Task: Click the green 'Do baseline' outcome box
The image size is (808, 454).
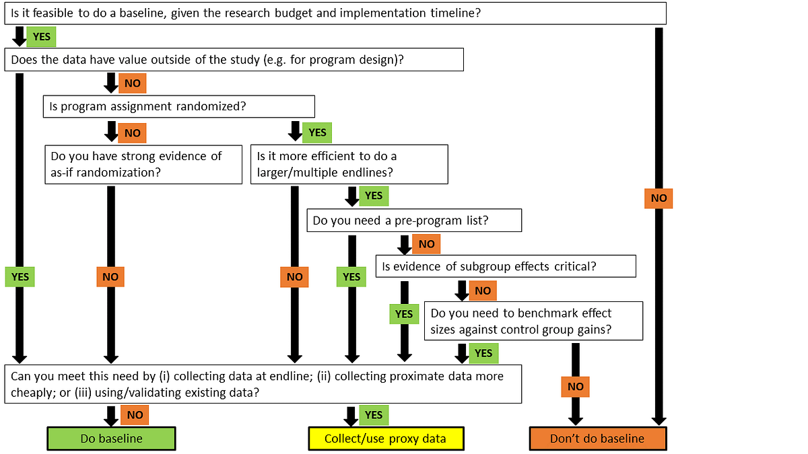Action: click(111, 439)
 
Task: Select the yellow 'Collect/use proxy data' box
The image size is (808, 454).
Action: click(385, 439)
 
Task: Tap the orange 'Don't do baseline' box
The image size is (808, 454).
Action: click(597, 439)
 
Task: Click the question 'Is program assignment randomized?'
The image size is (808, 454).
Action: click(179, 106)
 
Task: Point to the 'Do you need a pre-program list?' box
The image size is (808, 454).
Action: click(414, 221)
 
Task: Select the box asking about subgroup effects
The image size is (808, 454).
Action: click(505, 266)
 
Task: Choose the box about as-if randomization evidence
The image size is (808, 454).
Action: click(143, 165)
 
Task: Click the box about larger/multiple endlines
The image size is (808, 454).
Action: click(349, 165)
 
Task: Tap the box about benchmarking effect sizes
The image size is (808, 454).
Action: click(533, 321)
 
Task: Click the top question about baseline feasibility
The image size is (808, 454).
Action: click(335, 13)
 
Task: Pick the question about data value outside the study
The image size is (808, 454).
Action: click(234, 59)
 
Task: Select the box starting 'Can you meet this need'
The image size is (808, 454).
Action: click(263, 384)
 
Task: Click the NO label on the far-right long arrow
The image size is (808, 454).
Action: click(659, 198)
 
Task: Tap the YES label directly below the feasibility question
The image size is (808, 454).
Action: click(42, 37)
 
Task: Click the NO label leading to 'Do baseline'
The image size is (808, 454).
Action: click(135, 415)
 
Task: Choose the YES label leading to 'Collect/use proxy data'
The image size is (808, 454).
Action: click(374, 415)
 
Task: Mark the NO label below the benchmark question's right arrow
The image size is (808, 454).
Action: click(575, 386)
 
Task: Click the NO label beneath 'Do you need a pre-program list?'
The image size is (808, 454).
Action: click(426, 244)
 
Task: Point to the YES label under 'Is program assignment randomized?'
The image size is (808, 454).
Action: click(316, 133)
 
